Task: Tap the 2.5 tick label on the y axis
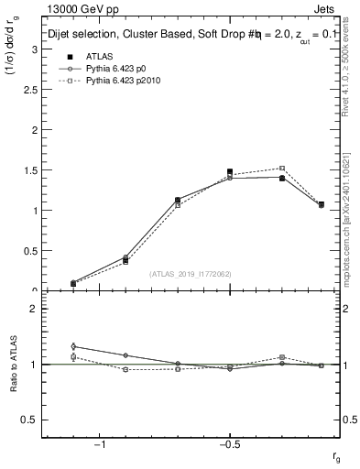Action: [x=27, y=89]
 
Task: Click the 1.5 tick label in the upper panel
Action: [x=27, y=169]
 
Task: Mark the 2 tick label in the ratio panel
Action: [x=32, y=310]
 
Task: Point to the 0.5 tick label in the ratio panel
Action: [x=27, y=420]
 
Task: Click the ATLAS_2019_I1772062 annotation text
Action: [x=191, y=273]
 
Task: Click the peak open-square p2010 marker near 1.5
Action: [x=282, y=169]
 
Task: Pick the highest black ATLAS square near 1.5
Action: [x=230, y=171]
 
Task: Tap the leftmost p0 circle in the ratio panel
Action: [x=73, y=346]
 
